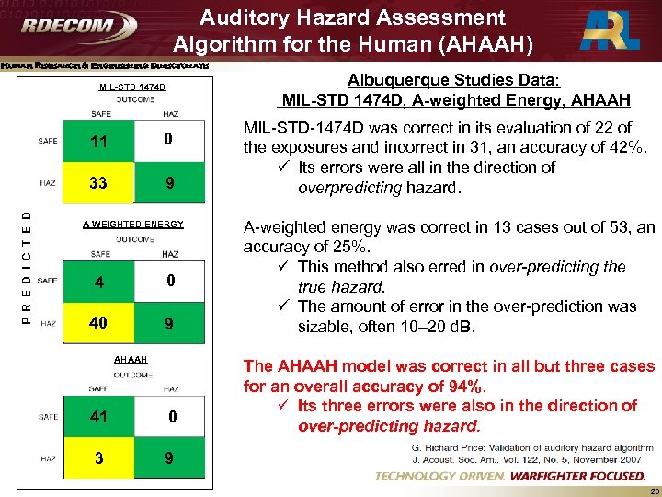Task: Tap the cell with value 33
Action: click(97, 182)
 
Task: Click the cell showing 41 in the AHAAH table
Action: click(99, 417)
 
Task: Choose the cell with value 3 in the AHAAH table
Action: click(98, 457)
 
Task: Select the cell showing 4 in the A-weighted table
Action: click(97, 281)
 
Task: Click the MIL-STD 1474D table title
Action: click(132, 88)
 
